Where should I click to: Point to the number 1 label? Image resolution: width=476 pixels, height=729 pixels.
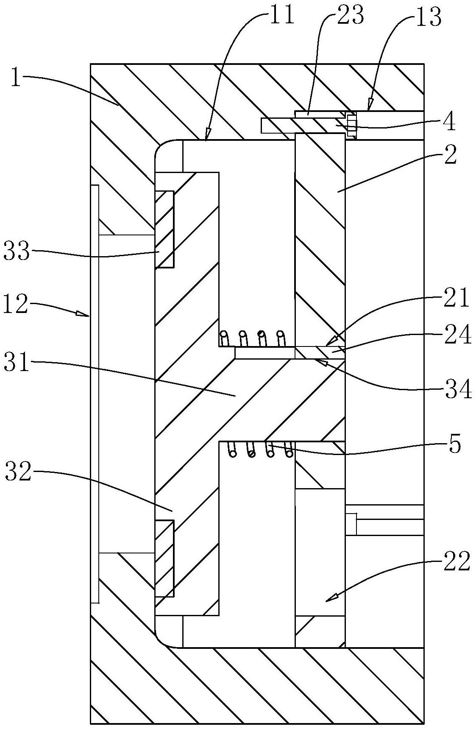tap(16, 79)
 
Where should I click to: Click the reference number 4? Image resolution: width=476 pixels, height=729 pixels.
tap(448, 122)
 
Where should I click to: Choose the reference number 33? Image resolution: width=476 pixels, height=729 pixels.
tap(17, 251)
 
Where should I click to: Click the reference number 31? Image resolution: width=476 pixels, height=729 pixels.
tap(17, 364)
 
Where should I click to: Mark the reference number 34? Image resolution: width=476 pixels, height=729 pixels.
tap(458, 389)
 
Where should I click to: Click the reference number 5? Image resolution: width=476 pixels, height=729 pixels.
tap(454, 445)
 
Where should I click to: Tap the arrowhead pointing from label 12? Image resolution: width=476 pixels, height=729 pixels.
tap(83, 314)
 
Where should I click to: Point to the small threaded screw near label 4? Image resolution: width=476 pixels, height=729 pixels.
tap(351, 126)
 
